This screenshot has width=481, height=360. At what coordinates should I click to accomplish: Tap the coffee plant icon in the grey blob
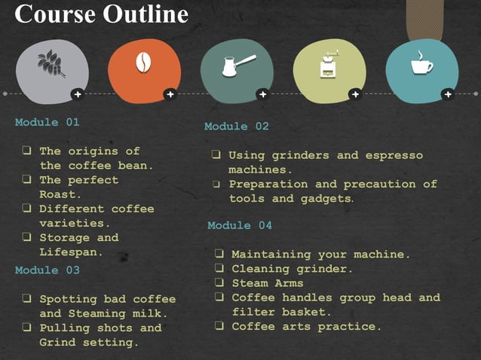52,64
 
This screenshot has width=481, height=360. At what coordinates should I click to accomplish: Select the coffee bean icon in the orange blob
143,64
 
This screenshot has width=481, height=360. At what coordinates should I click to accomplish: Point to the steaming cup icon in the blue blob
421,64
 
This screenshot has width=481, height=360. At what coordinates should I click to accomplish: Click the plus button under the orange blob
170,94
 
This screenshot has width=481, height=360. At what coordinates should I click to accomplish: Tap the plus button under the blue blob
447,94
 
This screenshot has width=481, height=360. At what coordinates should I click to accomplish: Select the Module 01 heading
47,122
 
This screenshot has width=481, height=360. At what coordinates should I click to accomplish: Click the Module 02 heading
237,127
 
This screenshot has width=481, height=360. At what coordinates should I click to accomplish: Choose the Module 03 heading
47,270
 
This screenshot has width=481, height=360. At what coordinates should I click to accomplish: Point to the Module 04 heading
240,226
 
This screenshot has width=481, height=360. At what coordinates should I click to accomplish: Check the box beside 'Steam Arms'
219,283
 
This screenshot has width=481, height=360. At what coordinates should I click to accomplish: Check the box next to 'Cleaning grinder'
219,269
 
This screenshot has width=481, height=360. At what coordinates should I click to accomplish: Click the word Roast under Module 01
57,194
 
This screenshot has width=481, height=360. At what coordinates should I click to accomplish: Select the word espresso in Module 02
394,156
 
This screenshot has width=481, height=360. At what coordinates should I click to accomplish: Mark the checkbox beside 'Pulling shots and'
26,328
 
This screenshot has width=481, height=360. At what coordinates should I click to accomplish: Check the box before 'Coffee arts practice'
219,327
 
